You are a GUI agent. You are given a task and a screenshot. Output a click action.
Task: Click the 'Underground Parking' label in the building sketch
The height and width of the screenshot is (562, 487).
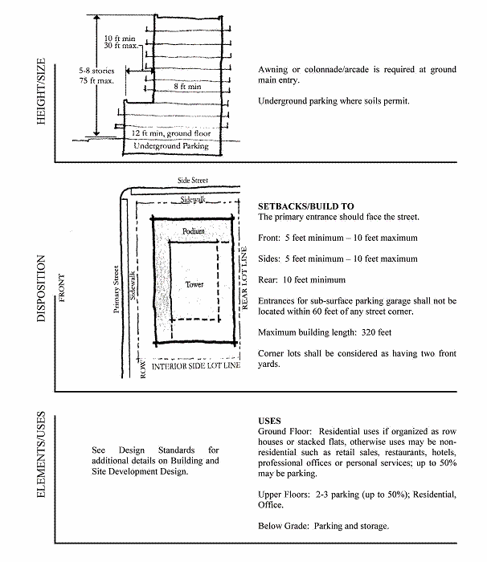pos(171,146)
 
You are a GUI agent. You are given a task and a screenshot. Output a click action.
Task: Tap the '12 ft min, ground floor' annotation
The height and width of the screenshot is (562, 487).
pos(171,133)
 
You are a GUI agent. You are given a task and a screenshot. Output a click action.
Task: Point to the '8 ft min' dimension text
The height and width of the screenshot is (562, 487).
pos(187,87)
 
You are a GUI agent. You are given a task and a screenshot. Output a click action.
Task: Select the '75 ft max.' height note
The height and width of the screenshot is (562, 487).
pos(96,80)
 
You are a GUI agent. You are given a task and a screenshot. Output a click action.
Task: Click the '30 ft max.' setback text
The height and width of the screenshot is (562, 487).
pos(121,46)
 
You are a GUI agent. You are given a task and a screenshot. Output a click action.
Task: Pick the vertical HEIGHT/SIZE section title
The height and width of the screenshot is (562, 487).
pos(41,92)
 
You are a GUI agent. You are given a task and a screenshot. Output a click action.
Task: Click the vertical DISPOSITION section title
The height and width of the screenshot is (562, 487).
pos(41,288)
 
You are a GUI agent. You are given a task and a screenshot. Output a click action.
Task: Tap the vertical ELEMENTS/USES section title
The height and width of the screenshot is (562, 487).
pos(41,454)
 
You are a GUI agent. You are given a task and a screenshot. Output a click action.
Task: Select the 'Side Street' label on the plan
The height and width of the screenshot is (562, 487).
pos(193,181)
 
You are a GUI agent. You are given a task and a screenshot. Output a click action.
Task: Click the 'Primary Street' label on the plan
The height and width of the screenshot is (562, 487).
pos(117,289)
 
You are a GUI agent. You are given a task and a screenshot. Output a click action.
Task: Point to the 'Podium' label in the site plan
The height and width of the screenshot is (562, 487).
pos(194,231)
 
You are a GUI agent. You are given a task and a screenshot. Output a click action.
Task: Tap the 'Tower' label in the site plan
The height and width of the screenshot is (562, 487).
pos(194,284)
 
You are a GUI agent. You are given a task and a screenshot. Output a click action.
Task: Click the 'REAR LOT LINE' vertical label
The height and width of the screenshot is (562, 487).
pos(244,278)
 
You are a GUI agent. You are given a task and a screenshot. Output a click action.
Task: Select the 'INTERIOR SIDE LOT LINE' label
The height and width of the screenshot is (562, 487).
pos(196,366)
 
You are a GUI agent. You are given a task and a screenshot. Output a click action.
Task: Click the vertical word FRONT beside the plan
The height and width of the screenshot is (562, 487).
pos(62,288)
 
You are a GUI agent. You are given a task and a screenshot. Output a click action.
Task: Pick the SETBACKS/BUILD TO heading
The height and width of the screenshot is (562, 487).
pos(306,206)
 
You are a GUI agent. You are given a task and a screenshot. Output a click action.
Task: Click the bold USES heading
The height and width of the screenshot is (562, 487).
pos(269,421)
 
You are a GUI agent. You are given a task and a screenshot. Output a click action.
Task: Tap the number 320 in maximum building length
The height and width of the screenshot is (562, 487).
pos(368,332)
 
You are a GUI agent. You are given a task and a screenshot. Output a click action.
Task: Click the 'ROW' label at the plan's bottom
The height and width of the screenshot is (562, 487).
pos(143,369)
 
